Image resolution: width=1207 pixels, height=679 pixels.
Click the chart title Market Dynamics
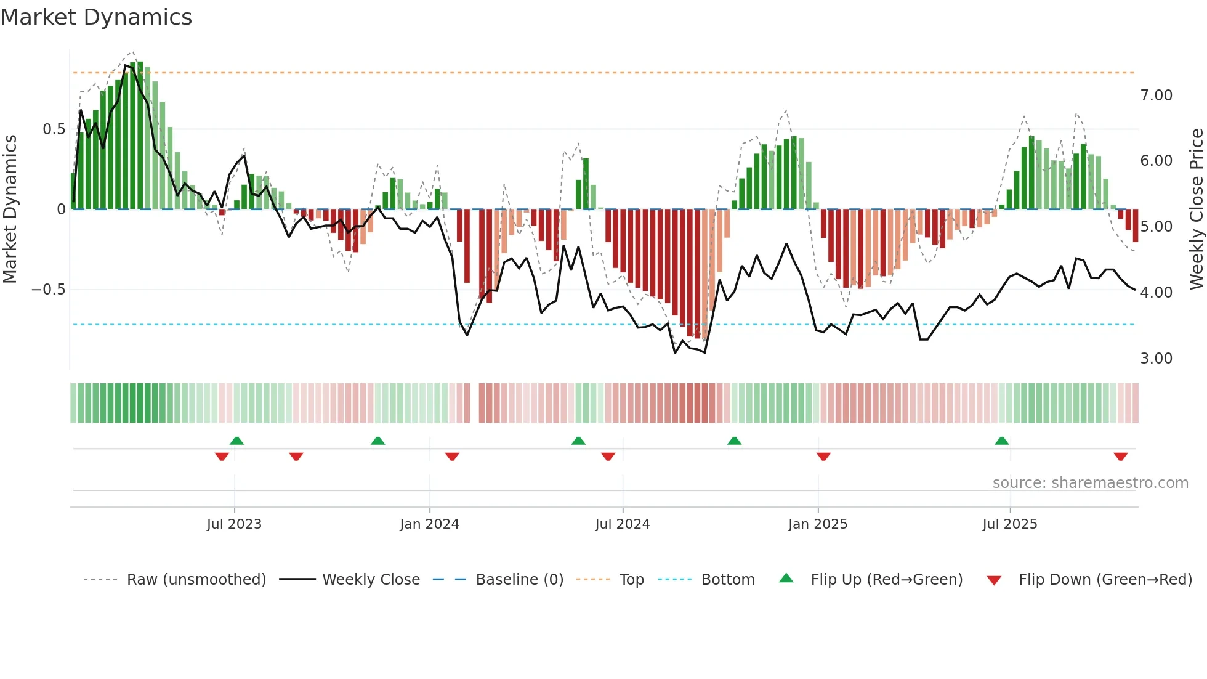coord(96,17)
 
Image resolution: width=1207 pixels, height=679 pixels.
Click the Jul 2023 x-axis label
coord(234,524)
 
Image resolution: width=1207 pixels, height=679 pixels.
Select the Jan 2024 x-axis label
coord(429,524)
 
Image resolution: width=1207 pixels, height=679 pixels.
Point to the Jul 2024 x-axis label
coord(623,524)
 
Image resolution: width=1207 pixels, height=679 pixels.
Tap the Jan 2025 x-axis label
coord(818,524)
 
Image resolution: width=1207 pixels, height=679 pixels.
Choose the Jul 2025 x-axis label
coord(1010,524)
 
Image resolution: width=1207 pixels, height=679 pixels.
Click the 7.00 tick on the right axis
coord(1156,96)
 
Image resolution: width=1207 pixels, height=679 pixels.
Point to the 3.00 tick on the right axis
coord(1156,359)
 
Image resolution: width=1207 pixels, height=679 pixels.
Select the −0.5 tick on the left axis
coord(49,290)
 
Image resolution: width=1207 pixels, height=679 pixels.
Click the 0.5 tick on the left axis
coord(54,129)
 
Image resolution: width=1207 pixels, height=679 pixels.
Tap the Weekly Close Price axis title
coord(1196,209)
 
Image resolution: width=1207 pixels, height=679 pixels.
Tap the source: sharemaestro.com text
coord(1090,483)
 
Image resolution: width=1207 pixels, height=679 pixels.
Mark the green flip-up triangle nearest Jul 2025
coord(1002,441)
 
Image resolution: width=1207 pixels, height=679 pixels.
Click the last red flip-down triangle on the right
coord(1120,457)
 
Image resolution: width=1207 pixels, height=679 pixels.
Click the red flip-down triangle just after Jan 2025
coord(823,457)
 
